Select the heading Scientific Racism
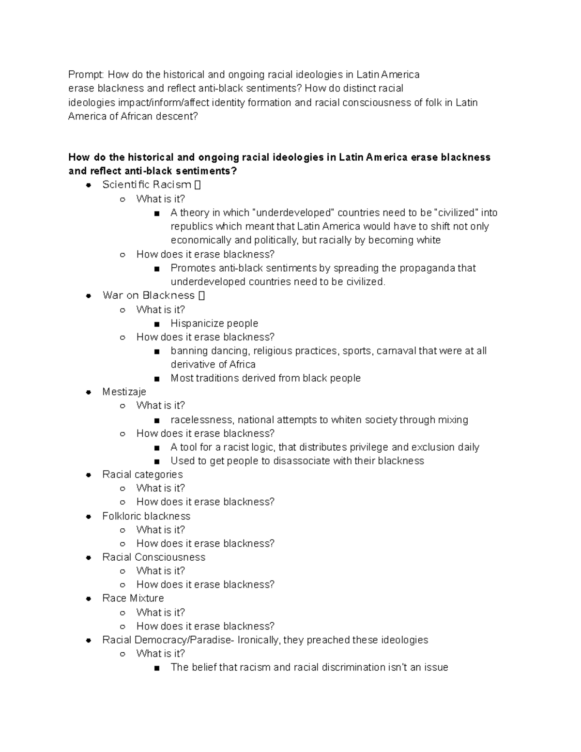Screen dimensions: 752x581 pyautogui.click(x=147, y=184)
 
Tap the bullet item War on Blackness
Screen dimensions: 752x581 pyautogui.click(x=149, y=295)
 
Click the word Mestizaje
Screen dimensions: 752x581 pyautogui.click(x=124, y=392)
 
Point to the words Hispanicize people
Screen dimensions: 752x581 pyautogui.click(x=214, y=323)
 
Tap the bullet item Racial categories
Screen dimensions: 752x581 pyautogui.click(x=142, y=475)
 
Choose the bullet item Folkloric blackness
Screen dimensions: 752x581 pyautogui.click(x=146, y=516)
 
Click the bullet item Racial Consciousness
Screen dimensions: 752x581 pyautogui.click(x=153, y=557)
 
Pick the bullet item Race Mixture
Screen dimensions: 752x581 pyautogui.click(x=133, y=599)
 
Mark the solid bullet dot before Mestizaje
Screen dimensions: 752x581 pyautogui.click(x=88, y=392)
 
